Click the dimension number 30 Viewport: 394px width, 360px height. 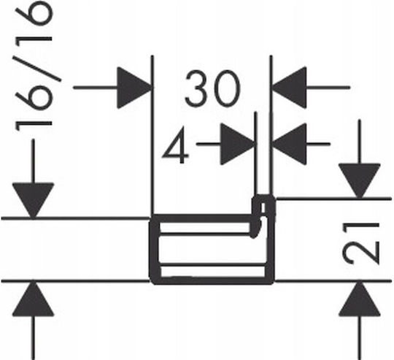pyautogui.click(x=212, y=88)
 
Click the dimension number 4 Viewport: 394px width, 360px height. pyautogui.click(x=175, y=145)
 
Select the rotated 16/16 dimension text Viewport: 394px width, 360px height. pyautogui.click(x=34, y=66)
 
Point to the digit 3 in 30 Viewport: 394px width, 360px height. pyautogui.click(x=196, y=88)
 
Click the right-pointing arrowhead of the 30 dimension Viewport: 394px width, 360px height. pyautogui.click(x=135, y=88)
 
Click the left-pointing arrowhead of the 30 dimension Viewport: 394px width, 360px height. pyautogui.click(x=289, y=88)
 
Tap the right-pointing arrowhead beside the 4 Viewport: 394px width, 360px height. pyautogui.click(x=237, y=144)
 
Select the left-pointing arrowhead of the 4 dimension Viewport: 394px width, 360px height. pyautogui.click(x=289, y=144)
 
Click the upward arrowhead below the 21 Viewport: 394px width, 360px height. pyautogui.click(x=359, y=299)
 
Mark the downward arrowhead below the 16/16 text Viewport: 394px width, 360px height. pyautogui.click(x=33, y=201)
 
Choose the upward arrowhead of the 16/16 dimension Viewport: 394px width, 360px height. pyautogui.click(x=33, y=299)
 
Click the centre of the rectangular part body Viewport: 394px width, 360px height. pyautogui.click(x=212, y=250)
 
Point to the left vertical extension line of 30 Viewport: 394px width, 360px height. pyautogui.click(x=152, y=135)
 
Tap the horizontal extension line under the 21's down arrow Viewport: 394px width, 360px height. pyautogui.click(x=333, y=199)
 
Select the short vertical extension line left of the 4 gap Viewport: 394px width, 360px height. pyautogui.click(x=256, y=153)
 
